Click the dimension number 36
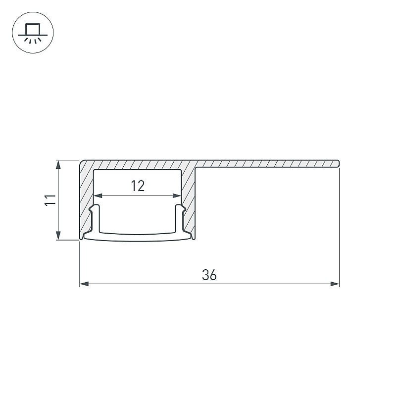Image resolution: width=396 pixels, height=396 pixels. tap(209, 275)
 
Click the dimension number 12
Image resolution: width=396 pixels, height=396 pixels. tap(138, 186)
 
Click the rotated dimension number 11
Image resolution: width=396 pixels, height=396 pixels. tap(50, 200)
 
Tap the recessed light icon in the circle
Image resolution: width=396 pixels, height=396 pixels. tap(33, 33)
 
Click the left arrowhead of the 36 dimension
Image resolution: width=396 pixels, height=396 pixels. tap(84, 284)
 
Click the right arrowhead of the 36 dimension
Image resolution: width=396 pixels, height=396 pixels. tap(335, 284)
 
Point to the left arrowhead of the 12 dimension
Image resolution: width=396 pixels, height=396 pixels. tap(98, 196)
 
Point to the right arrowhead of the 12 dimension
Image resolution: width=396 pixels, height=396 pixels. tap(177, 196)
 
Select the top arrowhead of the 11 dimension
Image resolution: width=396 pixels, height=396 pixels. tap(58, 164)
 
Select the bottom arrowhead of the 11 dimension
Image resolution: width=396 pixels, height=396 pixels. tap(58, 236)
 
